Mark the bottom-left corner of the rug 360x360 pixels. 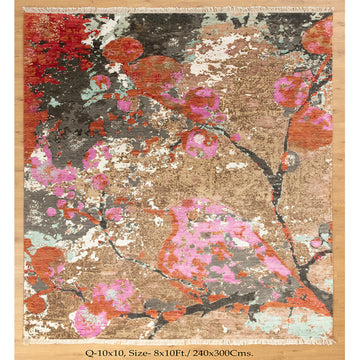25,340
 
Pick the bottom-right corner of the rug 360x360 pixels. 334,340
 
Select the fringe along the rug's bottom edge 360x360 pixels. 180,341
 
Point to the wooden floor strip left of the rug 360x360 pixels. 11,180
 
